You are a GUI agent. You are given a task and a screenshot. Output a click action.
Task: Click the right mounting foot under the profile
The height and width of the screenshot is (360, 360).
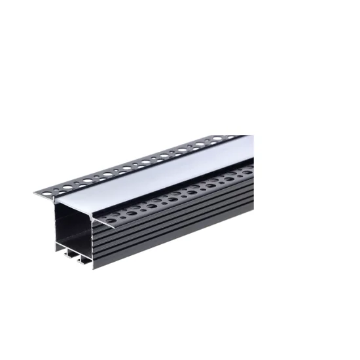[x=84, y=261]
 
